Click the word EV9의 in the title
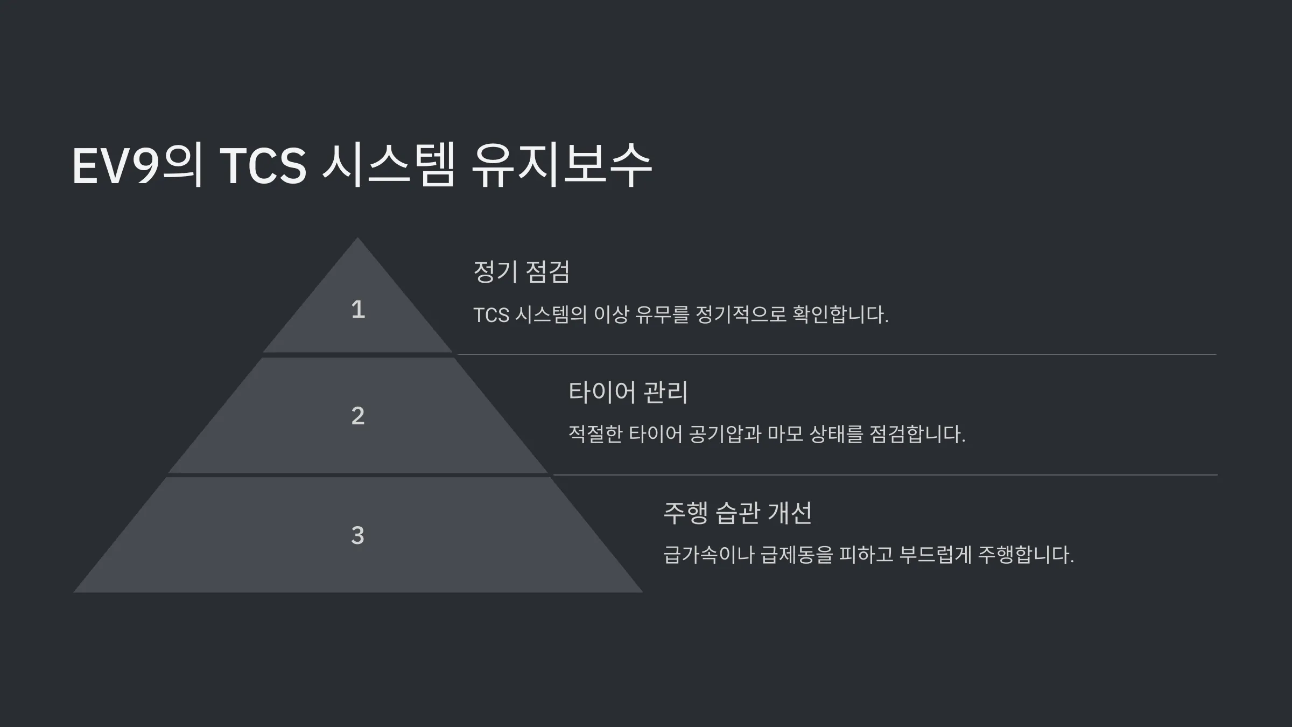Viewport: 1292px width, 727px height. [x=138, y=165]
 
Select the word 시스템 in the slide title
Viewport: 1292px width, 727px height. [x=388, y=165]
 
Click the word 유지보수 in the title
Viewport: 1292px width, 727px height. [x=561, y=165]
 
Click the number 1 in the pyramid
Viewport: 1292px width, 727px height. [x=358, y=310]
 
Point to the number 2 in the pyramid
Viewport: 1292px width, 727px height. [x=358, y=416]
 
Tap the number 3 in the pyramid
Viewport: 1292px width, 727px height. [x=358, y=535]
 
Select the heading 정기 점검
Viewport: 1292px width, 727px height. [x=521, y=271]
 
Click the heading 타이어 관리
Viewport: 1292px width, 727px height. [x=628, y=392]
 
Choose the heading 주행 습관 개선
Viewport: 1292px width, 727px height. [x=738, y=513]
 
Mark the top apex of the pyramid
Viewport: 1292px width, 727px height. [x=357, y=237]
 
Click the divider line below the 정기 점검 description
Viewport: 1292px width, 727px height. [x=837, y=354]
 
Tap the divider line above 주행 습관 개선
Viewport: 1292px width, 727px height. [x=885, y=475]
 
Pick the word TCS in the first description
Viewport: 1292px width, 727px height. [x=491, y=315]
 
